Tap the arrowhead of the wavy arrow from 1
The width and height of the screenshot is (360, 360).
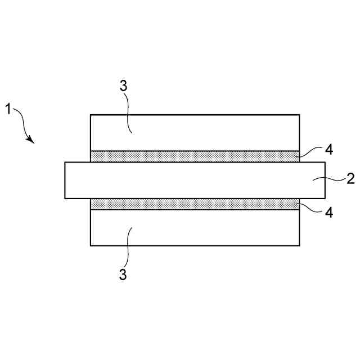pyautogui.click(x=32, y=141)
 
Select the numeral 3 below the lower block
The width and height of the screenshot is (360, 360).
pyautogui.click(x=123, y=275)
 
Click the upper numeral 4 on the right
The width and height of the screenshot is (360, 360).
pyautogui.click(x=329, y=150)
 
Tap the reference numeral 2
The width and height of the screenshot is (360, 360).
pyautogui.click(x=350, y=179)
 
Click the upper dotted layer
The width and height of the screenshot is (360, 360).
pyautogui.click(x=195, y=156)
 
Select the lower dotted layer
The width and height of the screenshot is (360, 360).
pyautogui.click(x=195, y=204)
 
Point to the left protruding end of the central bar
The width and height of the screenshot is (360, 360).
pyautogui.click(x=78, y=180)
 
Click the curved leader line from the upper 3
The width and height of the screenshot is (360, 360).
pyautogui.click(x=129, y=112)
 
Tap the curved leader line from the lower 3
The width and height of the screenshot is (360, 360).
pyautogui.click(x=129, y=247)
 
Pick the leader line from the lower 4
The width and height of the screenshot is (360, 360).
pyautogui.click(x=312, y=208)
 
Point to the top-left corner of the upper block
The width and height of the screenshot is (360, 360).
pyautogui.click(x=91, y=115)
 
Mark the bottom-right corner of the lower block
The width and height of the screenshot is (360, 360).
pyautogui.click(x=299, y=245)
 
